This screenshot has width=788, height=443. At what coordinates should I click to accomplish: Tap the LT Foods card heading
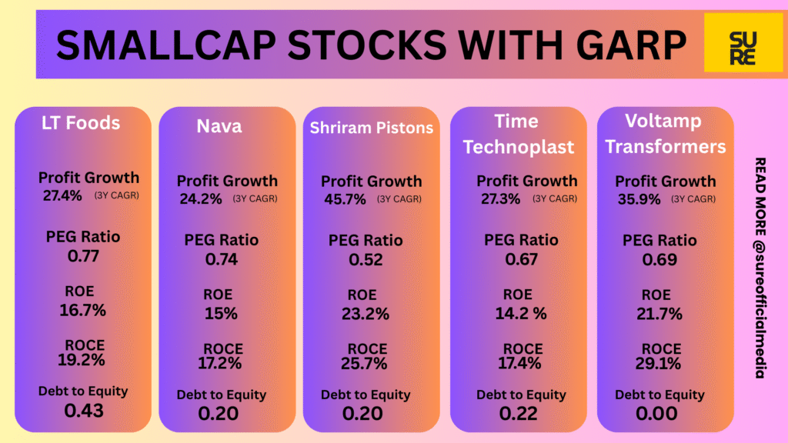[81, 123]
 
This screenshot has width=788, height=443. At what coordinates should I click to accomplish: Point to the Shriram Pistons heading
[372, 128]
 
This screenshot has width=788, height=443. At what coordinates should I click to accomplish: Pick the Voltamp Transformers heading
[665, 134]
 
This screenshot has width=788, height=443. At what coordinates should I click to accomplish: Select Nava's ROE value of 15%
[221, 314]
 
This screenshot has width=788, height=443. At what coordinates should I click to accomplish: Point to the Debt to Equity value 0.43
[83, 410]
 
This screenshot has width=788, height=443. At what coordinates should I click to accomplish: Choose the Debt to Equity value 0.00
[659, 414]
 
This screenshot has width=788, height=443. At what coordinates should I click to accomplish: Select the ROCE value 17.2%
[222, 364]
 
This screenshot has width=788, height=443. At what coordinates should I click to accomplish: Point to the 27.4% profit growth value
[62, 195]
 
